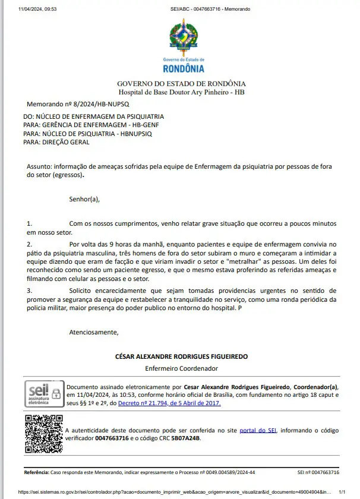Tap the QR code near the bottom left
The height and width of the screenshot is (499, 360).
click(x=43, y=433)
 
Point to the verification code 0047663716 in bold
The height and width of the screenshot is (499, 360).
click(x=112, y=438)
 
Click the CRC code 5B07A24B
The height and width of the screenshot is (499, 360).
click(x=185, y=438)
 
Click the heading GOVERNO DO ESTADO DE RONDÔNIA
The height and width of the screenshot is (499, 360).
click(x=181, y=84)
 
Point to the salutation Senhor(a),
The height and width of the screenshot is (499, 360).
click(x=84, y=199)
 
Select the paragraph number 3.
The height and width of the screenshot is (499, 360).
click(x=30, y=290)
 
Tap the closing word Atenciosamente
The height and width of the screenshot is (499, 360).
click(x=94, y=331)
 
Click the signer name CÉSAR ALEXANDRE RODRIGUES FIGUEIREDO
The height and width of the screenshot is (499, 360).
click(x=181, y=356)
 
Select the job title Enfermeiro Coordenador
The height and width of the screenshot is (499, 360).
click(x=181, y=368)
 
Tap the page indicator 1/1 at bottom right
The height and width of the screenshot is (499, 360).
click(x=342, y=492)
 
